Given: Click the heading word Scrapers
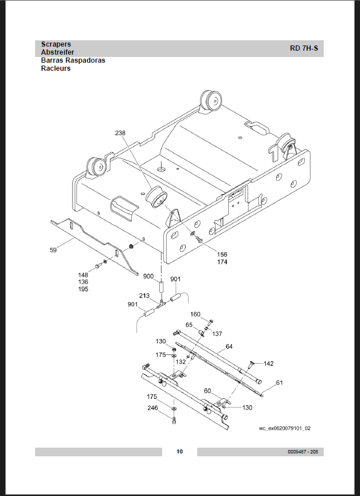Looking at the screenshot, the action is point(56,44).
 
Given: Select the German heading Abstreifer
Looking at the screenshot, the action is point(58,52).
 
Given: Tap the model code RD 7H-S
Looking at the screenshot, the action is point(304,48).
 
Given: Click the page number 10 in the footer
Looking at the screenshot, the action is point(179,451).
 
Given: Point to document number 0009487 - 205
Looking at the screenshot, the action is point(303,452).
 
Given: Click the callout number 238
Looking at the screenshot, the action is point(120,133).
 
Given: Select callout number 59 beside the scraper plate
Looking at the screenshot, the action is point(53,250).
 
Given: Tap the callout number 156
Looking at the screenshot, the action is point(222,254).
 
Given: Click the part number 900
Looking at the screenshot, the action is point(148,276).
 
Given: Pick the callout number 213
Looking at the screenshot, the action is point(144,296).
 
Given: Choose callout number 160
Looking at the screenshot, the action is point(196,314).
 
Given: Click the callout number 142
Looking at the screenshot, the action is point(269,364).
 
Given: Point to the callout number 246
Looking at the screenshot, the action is point(152,408).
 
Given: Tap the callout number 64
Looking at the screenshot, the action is point(229,347).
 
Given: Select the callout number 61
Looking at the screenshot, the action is point(279,383).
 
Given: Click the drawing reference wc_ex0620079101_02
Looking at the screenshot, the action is point(285,428).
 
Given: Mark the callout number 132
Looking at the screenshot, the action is point(181,362).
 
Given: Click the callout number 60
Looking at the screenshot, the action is point(208,391).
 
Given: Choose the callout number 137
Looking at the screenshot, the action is point(217,334).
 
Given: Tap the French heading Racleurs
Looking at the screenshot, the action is point(56,68).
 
